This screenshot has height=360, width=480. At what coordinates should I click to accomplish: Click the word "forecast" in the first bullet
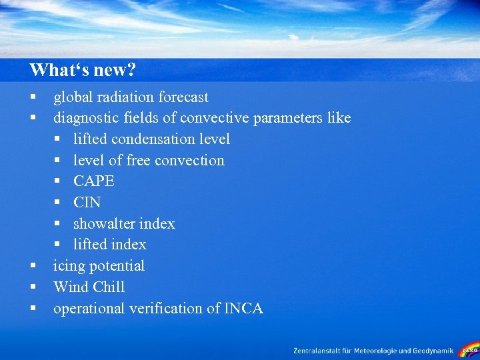[x=183, y=97]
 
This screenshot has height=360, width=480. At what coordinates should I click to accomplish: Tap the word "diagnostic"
[x=84, y=118]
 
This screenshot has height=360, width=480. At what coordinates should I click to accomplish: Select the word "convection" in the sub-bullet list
[x=193, y=161]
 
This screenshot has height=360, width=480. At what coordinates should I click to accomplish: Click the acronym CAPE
[x=94, y=181]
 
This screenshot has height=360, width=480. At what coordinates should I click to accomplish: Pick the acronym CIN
[x=87, y=203]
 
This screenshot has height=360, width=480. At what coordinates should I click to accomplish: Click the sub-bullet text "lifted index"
[x=109, y=245]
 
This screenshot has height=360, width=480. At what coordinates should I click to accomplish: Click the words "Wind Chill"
[x=89, y=287]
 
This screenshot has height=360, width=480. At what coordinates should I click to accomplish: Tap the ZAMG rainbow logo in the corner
[x=469, y=349]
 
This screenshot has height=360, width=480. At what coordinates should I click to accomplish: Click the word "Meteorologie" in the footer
[x=385, y=350]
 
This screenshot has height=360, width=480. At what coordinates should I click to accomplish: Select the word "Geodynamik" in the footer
[x=434, y=350]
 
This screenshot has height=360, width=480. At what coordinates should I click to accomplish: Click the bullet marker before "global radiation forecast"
[x=32, y=98]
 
